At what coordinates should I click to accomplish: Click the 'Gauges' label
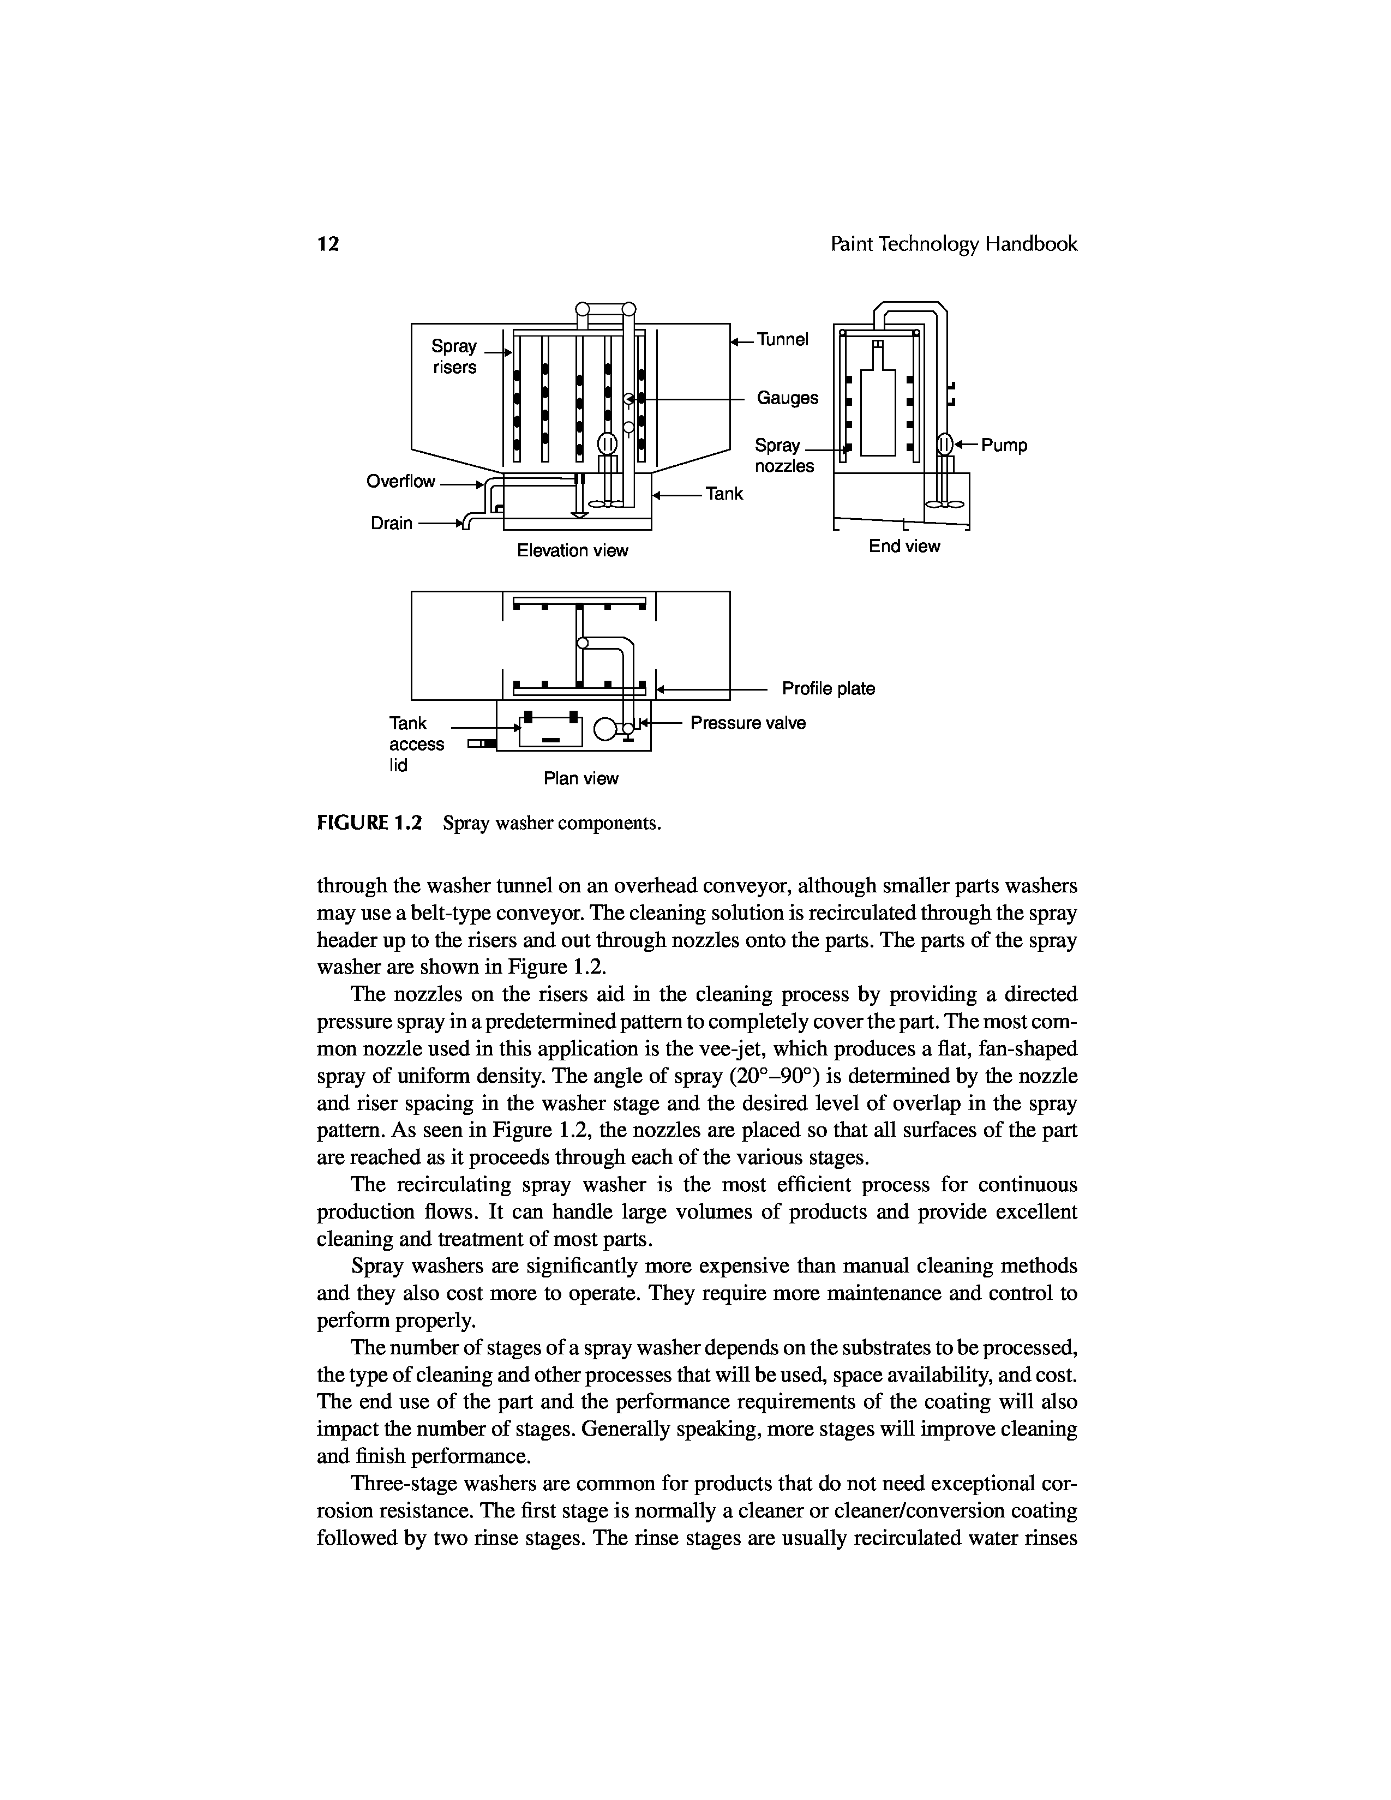tap(787, 398)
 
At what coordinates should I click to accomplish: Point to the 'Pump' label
tap(1004, 446)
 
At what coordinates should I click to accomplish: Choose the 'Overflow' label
tap(400, 481)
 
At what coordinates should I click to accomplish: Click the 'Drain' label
tap(392, 523)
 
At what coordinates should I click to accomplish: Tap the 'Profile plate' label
tap(828, 688)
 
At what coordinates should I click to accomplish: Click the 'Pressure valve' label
tap(747, 723)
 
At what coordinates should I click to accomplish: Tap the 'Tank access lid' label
tap(415, 744)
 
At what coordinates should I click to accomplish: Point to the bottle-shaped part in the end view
tap(878, 408)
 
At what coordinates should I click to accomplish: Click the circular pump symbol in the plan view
tap(604, 729)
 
